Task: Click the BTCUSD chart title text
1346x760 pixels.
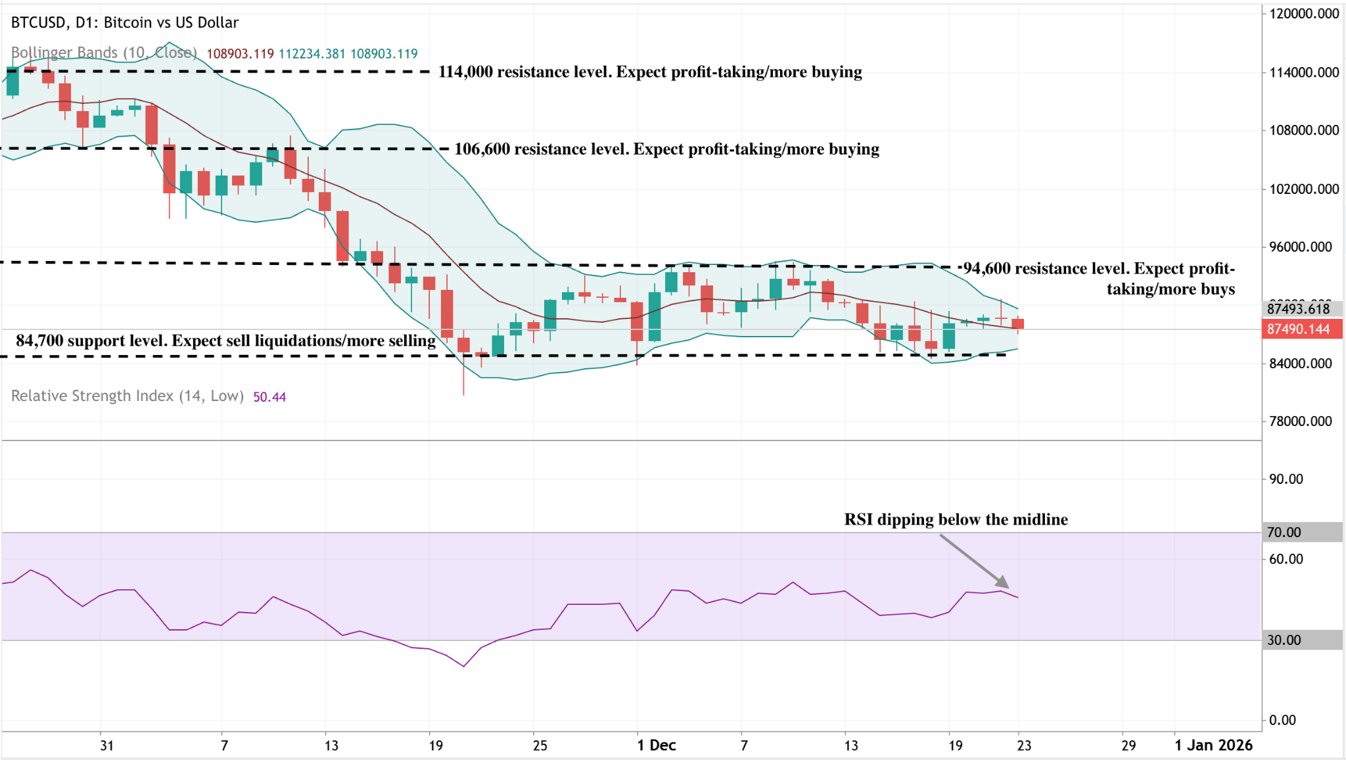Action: [x=125, y=22]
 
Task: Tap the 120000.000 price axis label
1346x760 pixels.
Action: [x=1304, y=14]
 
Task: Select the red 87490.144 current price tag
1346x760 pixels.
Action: [x=1298, y=329]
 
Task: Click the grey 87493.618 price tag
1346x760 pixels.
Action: [x=1298, y=309]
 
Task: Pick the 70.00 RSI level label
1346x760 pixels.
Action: [x=1284, y=533]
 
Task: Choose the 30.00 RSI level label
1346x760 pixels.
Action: [x=1284, y=640]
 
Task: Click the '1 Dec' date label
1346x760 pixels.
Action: [x=657, y=746]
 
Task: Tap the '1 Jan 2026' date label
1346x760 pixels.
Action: [x=1214, y=746]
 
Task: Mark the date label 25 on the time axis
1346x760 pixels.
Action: [x=540, y=746]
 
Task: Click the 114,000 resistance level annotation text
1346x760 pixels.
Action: [x=650, y=72]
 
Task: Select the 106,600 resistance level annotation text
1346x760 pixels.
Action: [x=666, y=149]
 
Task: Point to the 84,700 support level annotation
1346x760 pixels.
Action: [x=225, y=341]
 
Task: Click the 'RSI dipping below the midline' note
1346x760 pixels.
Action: [x=956, y=519]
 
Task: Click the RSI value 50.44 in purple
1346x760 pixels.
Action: [x=269, y=397]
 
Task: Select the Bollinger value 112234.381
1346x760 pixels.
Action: [x=312, y=54]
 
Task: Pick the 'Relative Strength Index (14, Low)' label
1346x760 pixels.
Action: [x=128, y=396]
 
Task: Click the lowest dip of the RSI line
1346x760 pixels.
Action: [x=464, y=666]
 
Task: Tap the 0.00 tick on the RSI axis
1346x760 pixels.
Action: [x=1282, y=721]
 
